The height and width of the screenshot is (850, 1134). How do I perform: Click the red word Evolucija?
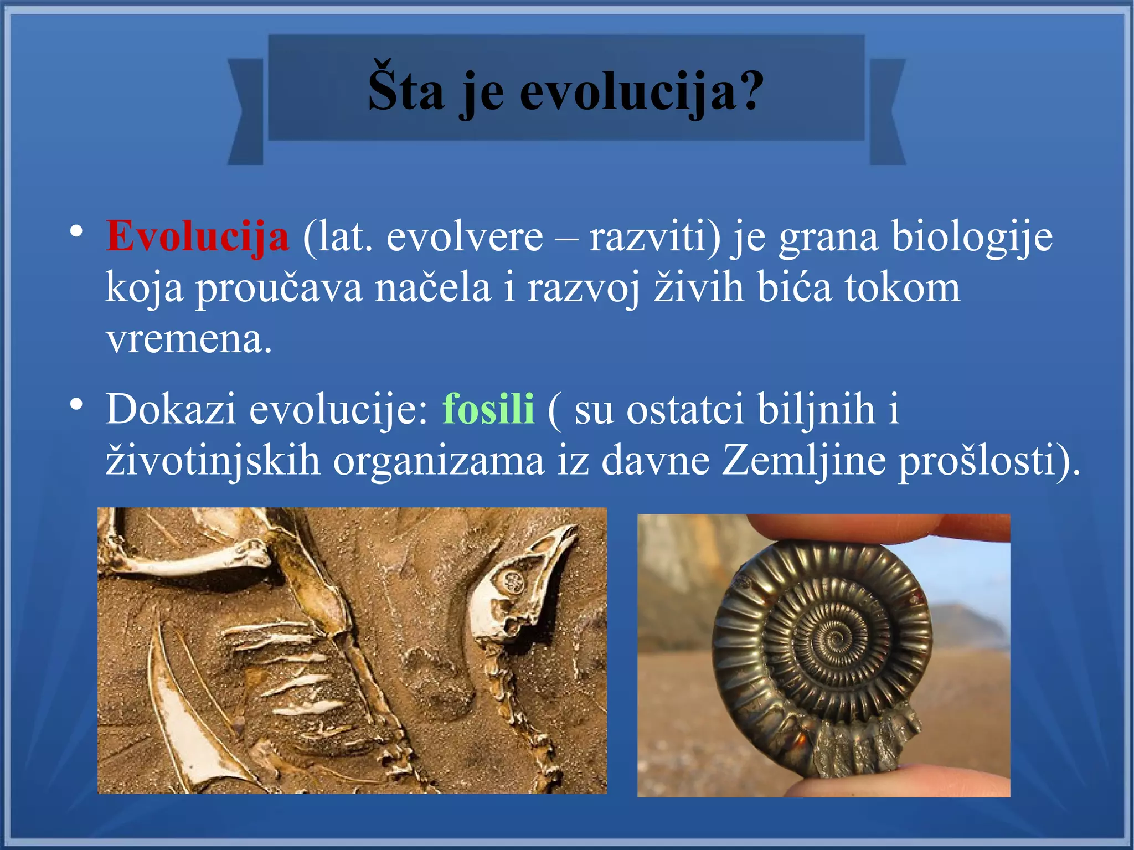197,236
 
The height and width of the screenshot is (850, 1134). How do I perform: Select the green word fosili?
488,409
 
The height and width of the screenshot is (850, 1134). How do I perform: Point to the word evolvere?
465,237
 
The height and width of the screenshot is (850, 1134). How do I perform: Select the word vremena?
188,339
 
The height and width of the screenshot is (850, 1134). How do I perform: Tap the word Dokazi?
171,409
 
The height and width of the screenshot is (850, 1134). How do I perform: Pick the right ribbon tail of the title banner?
888,111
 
